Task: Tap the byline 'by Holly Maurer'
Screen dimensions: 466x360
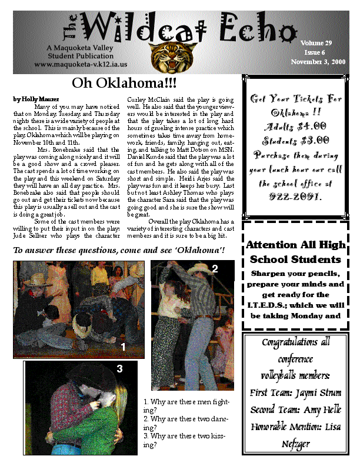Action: [36, 99]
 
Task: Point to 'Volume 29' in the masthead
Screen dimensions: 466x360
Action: [316, 44]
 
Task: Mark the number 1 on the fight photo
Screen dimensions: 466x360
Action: [123, 347]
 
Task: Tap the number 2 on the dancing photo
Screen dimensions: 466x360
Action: [215, 269]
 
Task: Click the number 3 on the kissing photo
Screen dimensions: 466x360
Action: [119, 369]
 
